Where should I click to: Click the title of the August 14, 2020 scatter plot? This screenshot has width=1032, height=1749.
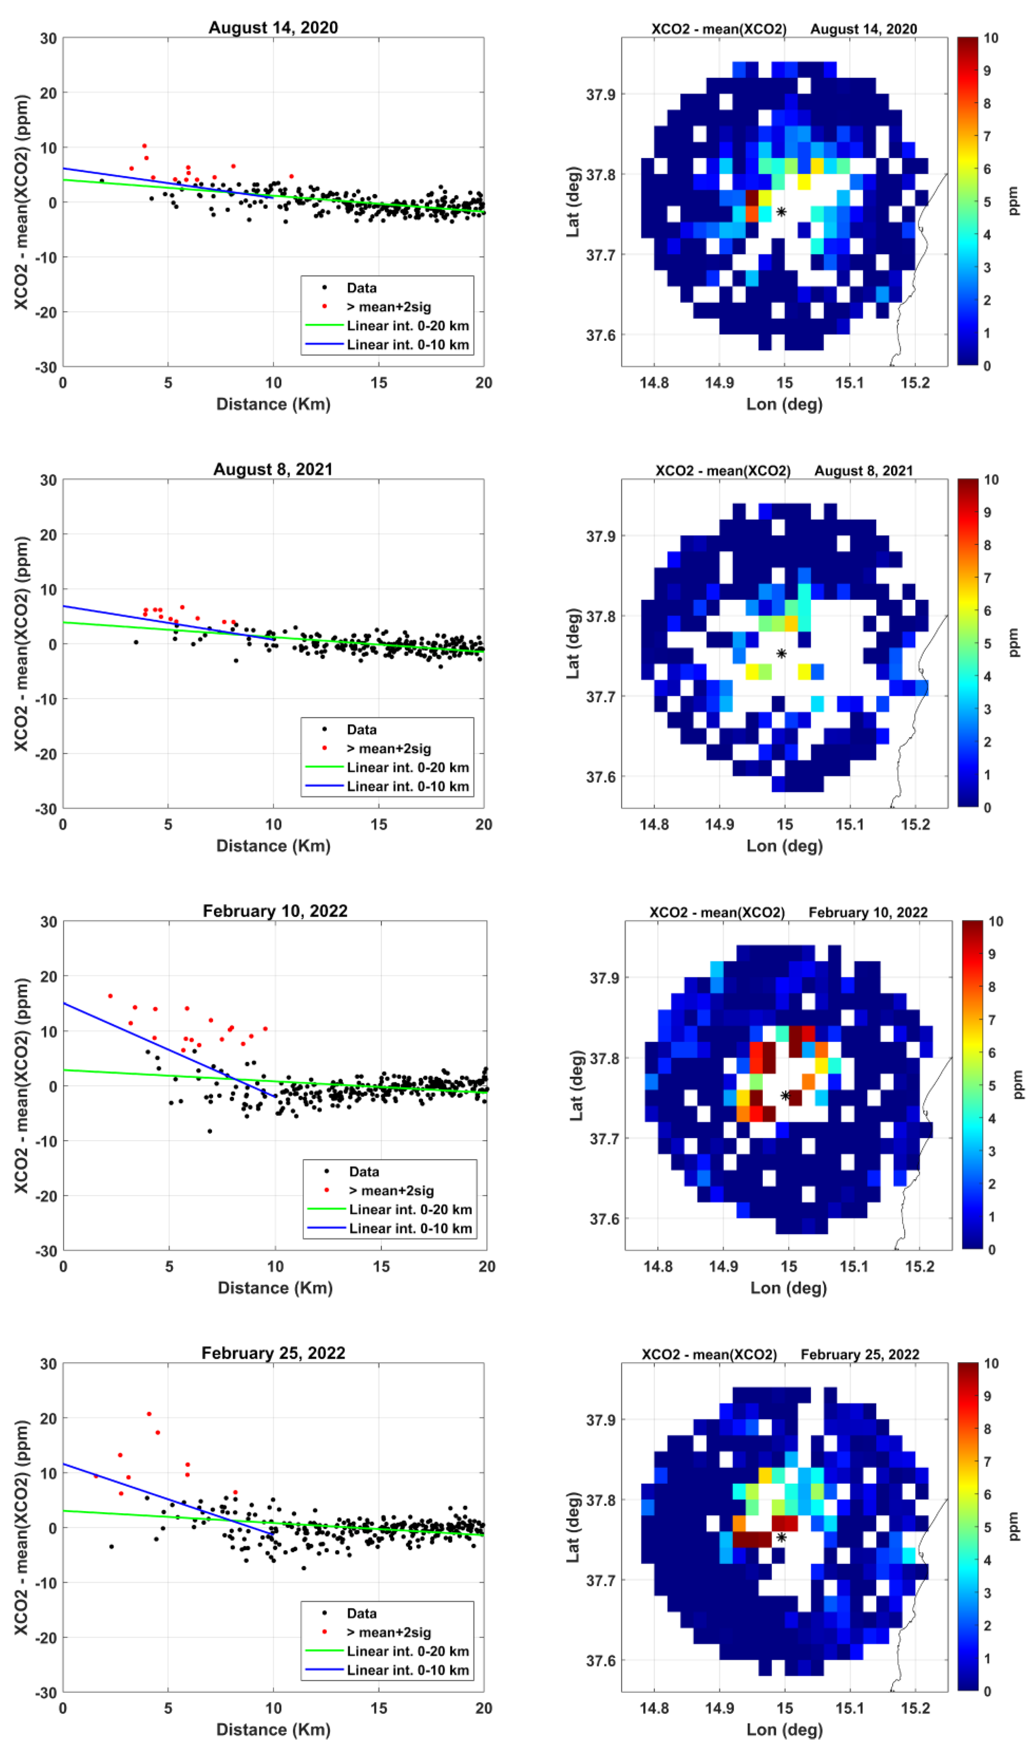click(273, 28)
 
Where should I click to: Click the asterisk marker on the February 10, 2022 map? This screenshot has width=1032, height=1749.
click(785, 1095)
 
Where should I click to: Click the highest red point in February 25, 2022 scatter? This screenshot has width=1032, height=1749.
click(149, 1414)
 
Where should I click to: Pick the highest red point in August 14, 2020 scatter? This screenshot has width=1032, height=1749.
click(144, 146)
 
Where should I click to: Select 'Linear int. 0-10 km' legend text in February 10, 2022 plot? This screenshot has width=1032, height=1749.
click(410, 1228)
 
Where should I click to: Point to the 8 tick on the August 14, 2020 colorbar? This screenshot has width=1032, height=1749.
click(987, 104)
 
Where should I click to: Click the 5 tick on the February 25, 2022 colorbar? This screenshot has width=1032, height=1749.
click(987, 1527)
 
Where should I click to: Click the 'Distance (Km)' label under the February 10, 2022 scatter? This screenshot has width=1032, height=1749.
click(275, 1288)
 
